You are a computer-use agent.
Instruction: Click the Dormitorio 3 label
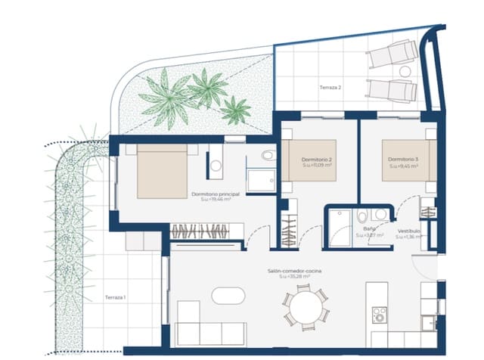403,160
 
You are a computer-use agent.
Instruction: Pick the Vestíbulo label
409,230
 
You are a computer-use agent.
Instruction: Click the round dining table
306,309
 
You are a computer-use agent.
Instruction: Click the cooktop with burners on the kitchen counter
379,312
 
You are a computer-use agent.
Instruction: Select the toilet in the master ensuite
268,157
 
